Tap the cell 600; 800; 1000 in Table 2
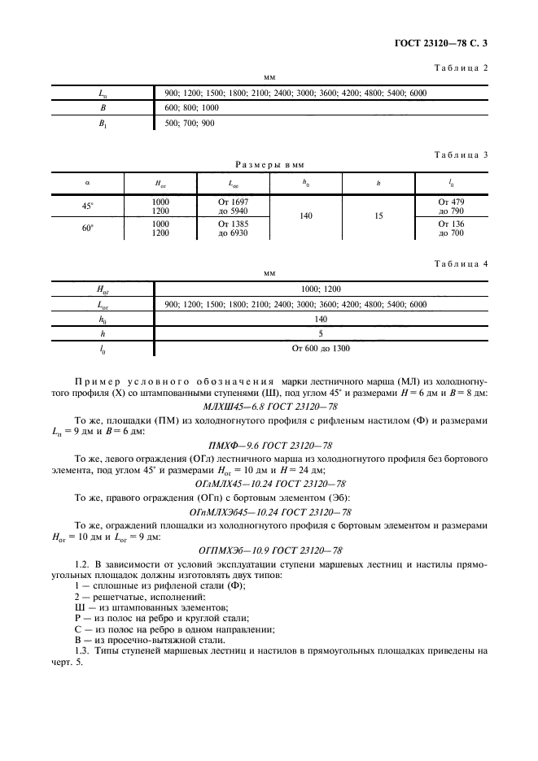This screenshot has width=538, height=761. [x=191, y=108]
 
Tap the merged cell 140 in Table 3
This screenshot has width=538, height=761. [x=306, y=217]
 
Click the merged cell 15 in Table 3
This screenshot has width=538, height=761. [x=378, y=217]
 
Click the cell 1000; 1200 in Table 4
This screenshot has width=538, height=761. [x=321, y=289]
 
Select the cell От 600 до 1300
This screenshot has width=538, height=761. [x=321, y=348]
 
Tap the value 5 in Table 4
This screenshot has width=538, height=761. [x=321, y=333]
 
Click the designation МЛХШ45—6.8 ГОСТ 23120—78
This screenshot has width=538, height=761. [x=269, y=405]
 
